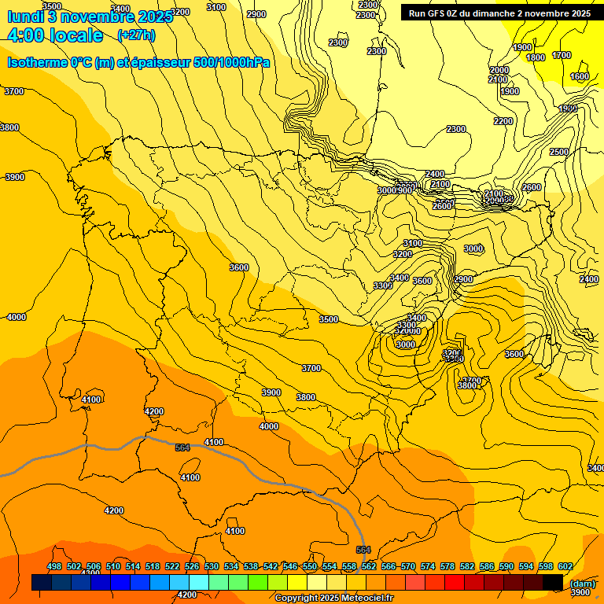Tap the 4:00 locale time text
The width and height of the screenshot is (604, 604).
coord(55,35)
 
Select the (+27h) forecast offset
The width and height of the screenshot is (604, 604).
coord(136,35)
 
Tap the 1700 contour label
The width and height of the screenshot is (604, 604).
coord(562,55)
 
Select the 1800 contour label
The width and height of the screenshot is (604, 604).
coord(536,57)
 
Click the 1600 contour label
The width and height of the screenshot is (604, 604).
coord(580,76)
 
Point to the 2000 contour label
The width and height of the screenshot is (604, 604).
coord(499,70)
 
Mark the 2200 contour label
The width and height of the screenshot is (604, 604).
coord(503,121)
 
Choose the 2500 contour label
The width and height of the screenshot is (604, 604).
coord(558,152)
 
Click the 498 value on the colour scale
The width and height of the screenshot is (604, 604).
coord(54,566)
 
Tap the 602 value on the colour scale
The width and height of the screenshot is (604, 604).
coord(565,566)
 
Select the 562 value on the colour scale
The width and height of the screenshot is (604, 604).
coord(369,566)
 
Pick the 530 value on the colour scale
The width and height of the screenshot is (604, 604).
coord(212,566)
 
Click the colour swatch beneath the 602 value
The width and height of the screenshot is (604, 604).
coord(553,582)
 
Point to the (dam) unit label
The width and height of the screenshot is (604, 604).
coord(582,583)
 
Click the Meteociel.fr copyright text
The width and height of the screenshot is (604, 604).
coord(333,598)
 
